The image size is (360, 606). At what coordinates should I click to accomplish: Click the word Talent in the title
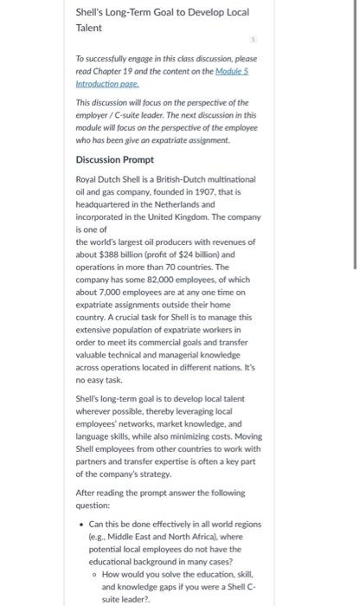[x=90, y=28]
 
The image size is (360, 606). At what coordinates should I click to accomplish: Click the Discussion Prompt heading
[x=115, y=159]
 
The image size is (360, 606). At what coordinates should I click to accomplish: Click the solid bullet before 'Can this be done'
[x=81, y=524]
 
